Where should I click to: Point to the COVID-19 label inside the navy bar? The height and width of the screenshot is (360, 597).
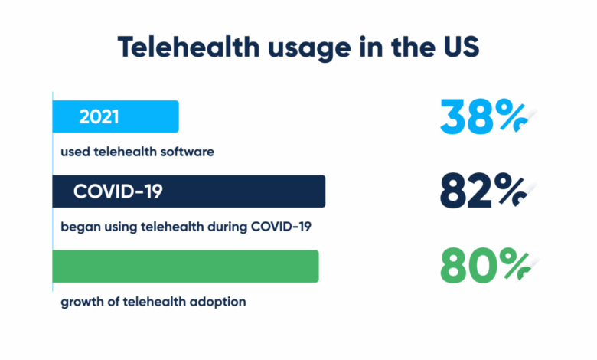tap(118, 191)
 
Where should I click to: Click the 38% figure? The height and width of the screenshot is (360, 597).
tap(484, 117)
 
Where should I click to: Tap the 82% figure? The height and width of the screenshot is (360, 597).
tap(484, 191)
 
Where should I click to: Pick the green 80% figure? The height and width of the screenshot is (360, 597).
tap(484, 267)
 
